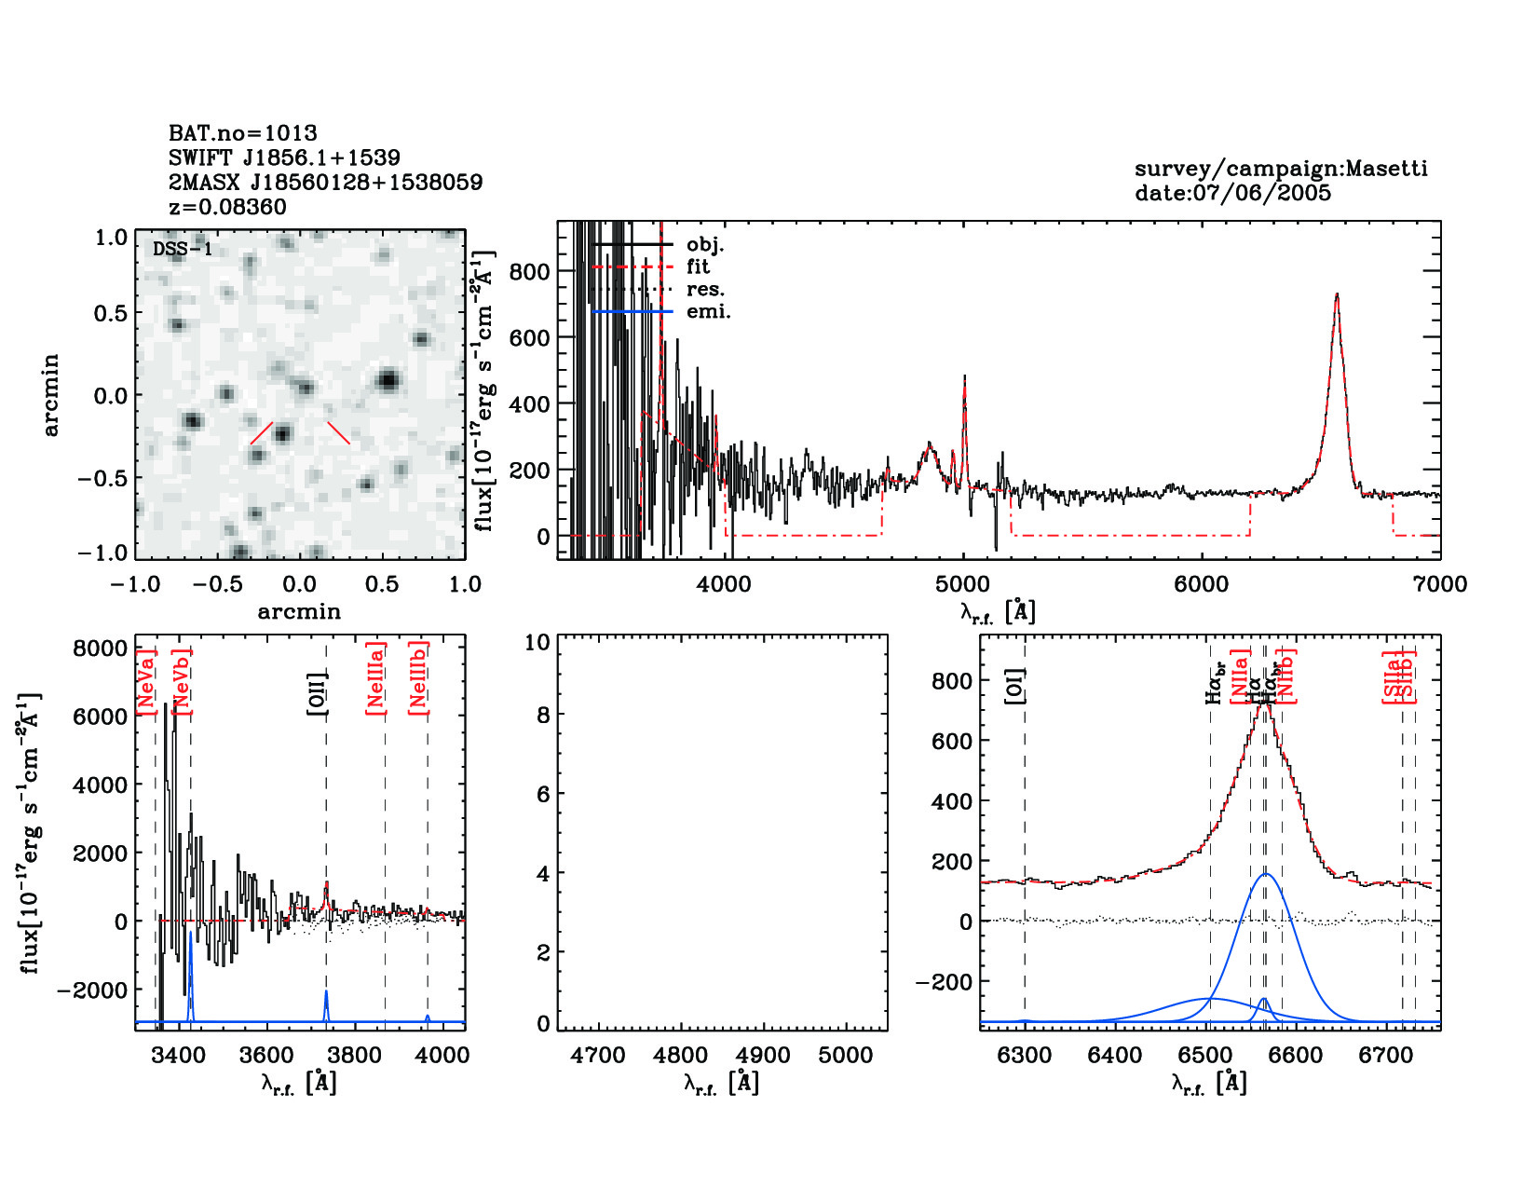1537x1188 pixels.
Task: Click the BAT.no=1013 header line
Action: point(243,133)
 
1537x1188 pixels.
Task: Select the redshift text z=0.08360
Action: point(228,207)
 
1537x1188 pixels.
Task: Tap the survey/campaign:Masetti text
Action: point(1281,169)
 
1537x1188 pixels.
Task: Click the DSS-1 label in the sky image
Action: point(183,249)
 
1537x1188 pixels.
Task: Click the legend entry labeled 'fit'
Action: point(698,266)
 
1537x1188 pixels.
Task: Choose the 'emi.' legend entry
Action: point(708,311)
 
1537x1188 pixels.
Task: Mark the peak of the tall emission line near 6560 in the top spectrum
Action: point(1337,295)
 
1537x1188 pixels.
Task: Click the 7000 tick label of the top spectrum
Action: point(1439,584)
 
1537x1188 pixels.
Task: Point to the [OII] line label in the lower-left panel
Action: point(318,692)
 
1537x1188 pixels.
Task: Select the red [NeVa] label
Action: point(146,681)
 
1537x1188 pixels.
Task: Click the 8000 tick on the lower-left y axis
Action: point(100,649)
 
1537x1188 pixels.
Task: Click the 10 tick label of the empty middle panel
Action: point(537,642)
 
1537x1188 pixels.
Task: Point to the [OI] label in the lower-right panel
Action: point(1014,686)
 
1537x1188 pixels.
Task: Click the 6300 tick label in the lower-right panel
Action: point(1025,1056)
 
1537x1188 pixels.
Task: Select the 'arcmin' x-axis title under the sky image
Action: point(299,611)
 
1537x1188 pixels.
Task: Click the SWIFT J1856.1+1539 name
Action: point(284,157)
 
